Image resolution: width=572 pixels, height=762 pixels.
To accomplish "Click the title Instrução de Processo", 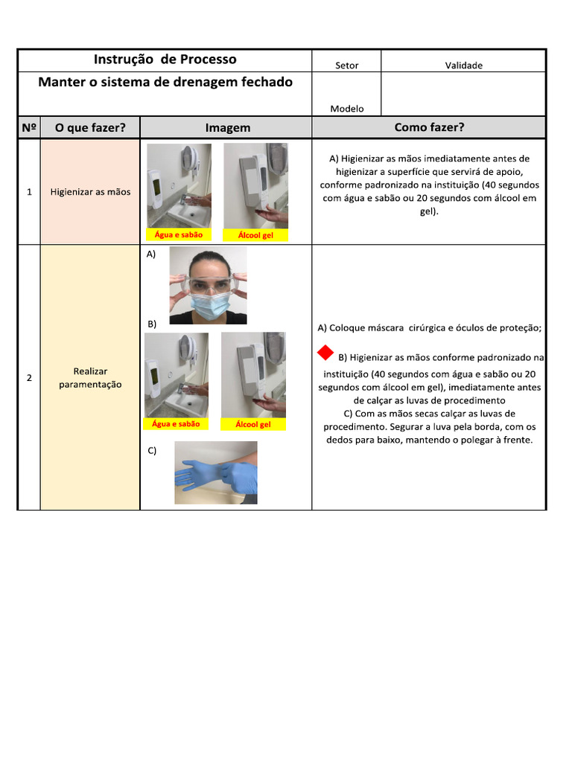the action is (165, 60).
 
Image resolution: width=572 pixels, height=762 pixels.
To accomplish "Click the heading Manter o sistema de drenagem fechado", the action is (165, 82).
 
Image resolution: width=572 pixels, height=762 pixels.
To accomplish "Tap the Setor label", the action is (347, 65).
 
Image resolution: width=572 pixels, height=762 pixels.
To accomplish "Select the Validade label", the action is (463, 65).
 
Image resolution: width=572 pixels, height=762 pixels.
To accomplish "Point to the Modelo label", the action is (347, 109).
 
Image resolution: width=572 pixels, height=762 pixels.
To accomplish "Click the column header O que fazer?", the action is (90, 128).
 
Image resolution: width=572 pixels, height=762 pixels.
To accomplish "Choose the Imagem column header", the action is (228, 128).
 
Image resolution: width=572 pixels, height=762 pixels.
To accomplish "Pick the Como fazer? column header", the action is (429, 127).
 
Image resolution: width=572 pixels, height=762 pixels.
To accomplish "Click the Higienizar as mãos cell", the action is (90, 192).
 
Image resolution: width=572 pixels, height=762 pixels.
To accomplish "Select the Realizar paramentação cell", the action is (90, 377).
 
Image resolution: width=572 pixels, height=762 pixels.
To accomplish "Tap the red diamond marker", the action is (325, 353).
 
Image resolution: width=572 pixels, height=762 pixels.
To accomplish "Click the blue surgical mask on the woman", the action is (209, 307).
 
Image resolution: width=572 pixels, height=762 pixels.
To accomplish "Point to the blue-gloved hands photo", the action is (216, 473).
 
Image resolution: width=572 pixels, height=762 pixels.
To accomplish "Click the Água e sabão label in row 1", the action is (179, 234).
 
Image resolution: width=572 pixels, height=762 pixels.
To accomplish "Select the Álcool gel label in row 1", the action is (255, 235).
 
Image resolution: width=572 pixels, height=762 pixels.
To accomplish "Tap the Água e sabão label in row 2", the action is (176, 423).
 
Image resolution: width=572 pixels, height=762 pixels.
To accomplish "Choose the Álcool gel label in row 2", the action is (253, 424).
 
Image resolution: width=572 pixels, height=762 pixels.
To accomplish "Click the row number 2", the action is (29, 377).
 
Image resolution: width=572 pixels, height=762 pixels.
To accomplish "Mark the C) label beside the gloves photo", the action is (152, 450).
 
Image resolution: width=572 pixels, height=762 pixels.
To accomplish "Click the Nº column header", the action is (29, 127).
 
